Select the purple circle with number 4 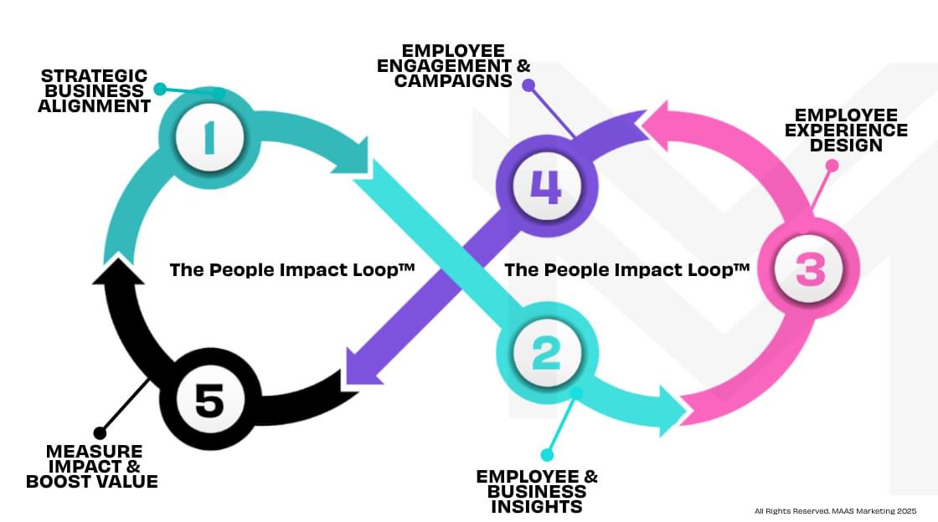click(x=546, y=186)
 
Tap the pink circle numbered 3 click(x=809, y=269)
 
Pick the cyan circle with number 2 click(x=546, y=353)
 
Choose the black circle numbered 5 click(x=209, y=402)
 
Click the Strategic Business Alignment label click(x=95, y=91)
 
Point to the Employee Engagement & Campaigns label click(x=453, y=65)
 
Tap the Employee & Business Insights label click(x=537, y=491)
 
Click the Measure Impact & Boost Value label click(x=92, y=466)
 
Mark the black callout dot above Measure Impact click(x=100, y=432)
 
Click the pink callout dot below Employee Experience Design click(x=832, y=166)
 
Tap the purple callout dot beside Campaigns click(x=527, y=84)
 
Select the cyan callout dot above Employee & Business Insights click(x=547, y=455)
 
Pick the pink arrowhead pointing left click(x=657, y=125)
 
